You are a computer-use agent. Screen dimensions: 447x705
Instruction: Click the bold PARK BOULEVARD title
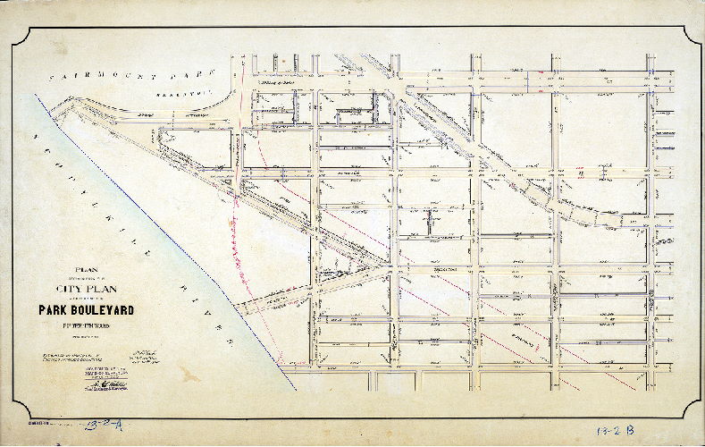[86, 310]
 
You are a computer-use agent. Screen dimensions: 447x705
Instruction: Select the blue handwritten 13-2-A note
[110, 425]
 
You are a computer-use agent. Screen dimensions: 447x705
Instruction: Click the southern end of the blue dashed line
[296, 390]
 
